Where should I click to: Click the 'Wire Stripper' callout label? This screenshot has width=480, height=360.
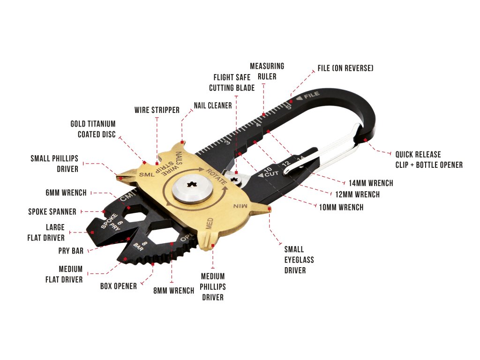[157, 110]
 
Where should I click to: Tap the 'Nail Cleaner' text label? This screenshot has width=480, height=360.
[213, 105]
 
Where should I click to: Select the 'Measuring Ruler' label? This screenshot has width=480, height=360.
[267, 71]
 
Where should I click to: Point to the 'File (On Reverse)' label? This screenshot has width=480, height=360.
[345, 68]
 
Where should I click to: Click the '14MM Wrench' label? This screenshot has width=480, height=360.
[371, 183]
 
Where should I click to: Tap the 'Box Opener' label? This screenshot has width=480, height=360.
[119, 286]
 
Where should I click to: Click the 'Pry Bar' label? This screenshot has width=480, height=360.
[71, 251]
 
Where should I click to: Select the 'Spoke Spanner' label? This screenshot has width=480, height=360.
[52, 211]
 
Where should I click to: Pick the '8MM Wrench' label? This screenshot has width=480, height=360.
[174, 291]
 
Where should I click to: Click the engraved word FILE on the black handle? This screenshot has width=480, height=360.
[311, 95]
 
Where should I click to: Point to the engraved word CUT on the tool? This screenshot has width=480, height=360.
[270, 174]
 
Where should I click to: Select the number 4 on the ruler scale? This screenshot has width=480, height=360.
[258, 124]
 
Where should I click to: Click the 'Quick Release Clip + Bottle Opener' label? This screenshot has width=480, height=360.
[428, 159]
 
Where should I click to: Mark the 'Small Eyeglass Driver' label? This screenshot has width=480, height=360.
[299, 260]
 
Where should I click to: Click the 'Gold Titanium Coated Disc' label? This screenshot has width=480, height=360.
[93, 129]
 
